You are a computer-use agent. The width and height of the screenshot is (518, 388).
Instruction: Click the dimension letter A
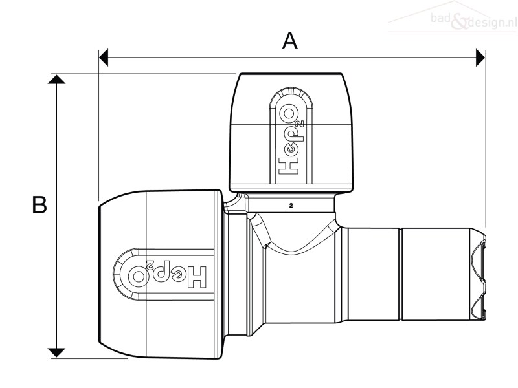pos(289,41)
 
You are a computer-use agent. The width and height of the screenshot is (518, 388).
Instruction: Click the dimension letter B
pos(39,204)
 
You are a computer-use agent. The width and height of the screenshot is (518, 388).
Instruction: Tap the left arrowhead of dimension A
pos(104,58)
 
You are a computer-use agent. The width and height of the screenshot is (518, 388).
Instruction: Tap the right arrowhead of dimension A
pos(480,58)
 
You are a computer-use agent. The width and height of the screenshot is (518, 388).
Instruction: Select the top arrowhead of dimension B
pos(56,79)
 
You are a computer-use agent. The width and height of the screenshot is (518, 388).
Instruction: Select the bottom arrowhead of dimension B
pos(56,352)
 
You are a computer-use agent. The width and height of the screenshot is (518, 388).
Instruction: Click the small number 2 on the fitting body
pos(291,205)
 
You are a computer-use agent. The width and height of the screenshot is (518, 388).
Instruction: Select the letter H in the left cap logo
pos(198,277)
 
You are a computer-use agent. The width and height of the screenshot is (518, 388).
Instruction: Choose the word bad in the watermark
pos(440,18)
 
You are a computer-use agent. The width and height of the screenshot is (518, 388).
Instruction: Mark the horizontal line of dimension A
pos(292,58)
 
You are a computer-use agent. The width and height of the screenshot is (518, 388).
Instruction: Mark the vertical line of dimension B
pos(56,216)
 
